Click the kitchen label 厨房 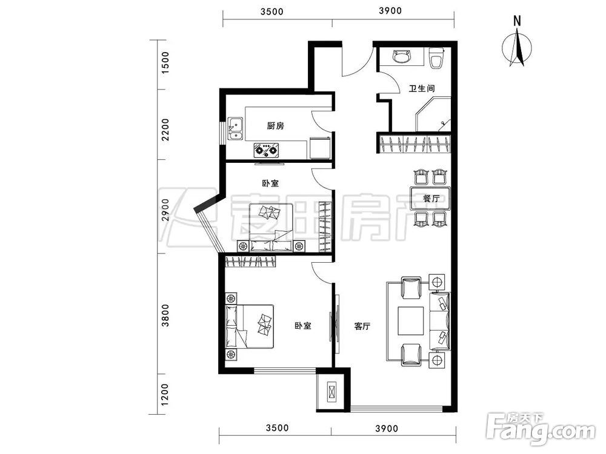[x=276, y=126]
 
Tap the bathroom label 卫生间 [x=422, y=88]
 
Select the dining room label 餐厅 [x=431, y=199]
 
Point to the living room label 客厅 [x=362, y=326]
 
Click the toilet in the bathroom [x=437, y=58]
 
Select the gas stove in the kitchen [x=266, y=150]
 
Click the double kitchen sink [x=235, y=128]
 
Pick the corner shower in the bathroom [x=433, y=114]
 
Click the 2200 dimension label [x=165, y=130]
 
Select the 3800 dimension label [x=165, y=315]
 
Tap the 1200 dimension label [x=165, y=395]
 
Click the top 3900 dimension [x=390, y=11]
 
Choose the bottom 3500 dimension [x=278, y=428]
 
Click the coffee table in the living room [x=411, y=320]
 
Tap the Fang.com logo [x=541, y=429]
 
